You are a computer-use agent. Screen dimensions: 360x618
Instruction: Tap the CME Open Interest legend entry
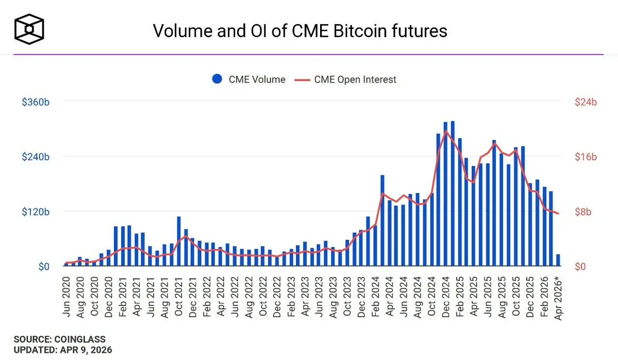345,79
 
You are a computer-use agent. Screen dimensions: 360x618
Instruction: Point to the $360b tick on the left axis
36,102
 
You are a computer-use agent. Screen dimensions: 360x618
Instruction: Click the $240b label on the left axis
36,157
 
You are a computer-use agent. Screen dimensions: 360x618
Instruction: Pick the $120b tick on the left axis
36,212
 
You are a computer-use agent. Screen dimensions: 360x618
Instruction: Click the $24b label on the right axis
586,102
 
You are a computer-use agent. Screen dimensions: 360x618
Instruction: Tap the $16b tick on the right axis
586,157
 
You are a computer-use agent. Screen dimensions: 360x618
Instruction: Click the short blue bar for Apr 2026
558,261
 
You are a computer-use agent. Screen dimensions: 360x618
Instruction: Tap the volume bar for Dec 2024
445,194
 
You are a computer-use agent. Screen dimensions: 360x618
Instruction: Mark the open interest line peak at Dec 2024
446,131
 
